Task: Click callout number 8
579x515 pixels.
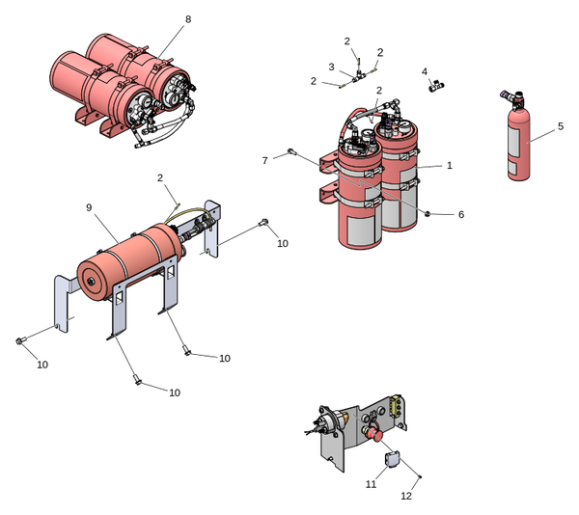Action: tap(188, 19)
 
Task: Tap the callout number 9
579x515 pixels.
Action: tap(89, 207)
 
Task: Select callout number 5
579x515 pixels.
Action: tap(560, 125)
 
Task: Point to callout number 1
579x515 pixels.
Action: tap(449, 166)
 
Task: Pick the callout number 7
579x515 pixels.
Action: tap(266, 160)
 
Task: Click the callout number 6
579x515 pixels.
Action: tap(461, 214)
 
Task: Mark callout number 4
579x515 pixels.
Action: tap(425, 71)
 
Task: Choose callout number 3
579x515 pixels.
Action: tap(331, 68)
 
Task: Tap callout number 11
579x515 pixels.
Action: tap(371, 484)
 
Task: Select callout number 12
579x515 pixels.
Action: tap(406, 496)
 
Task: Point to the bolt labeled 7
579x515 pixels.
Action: tap(290, 151)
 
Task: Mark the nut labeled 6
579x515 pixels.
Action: tap(426, 212)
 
